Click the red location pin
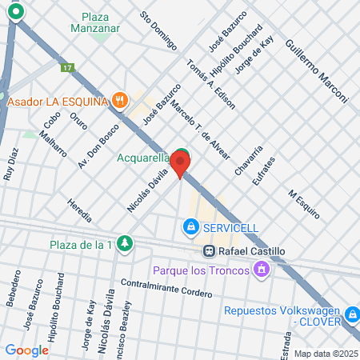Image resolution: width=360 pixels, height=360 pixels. pyautogui.click(x=179, y=163)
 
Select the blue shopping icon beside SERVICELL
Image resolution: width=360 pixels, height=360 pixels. pyautogui.click(x=190, y=228)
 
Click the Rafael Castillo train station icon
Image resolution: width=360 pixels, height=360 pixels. pyautogui.click(x=207, y=250)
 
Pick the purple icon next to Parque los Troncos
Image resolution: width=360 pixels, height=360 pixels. pyautogui.click(x=260, y=271)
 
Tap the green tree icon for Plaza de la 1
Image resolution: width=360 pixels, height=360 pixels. pyautogui.click(x=123, y=243)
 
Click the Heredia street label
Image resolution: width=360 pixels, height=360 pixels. pyautogui.click(x=81, y=210)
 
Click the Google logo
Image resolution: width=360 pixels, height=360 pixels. pyautogui.click(x=26, y=350)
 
